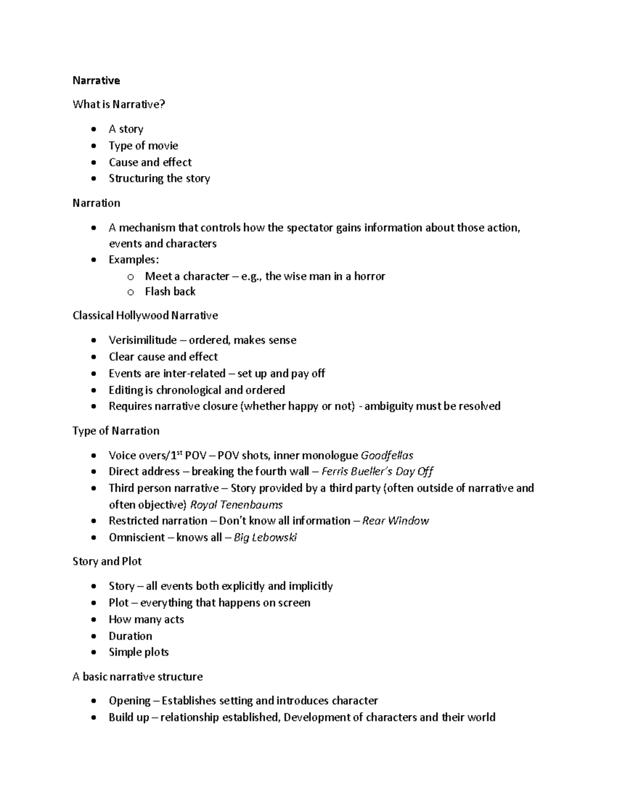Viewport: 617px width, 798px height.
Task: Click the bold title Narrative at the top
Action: (x=96, y=80)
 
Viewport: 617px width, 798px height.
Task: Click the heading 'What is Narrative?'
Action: (x=119, y=104)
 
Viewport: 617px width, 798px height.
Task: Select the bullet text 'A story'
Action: (x=125, y=129)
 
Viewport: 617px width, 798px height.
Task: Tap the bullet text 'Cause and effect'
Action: (x=150, y=162)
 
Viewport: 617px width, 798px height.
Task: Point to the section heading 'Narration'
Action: (x=96, y=203)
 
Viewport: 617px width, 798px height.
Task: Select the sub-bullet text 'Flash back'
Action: (x=170, y=291)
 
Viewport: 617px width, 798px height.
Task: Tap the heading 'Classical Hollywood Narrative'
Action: (x=145, y=316)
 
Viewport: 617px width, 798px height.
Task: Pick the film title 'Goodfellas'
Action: (x=387, y=455)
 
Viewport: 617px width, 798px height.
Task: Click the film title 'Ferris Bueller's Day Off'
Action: (x=377, y=472)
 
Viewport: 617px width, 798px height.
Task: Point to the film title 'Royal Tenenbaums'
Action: (x=236, y=505)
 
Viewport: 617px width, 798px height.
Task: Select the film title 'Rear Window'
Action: (x=395, y=521)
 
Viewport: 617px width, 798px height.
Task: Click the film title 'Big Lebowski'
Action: (x=265, y=537)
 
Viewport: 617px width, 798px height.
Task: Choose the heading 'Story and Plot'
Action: (x=107, y=562)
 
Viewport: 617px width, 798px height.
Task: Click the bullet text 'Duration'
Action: (x=130, y=636)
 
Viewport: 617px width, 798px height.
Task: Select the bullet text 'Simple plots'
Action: (x=138, y=652)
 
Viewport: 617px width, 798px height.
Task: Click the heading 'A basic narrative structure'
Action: (x=137, y=677)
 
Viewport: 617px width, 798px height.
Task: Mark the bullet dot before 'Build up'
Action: (x=93, y=718)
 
